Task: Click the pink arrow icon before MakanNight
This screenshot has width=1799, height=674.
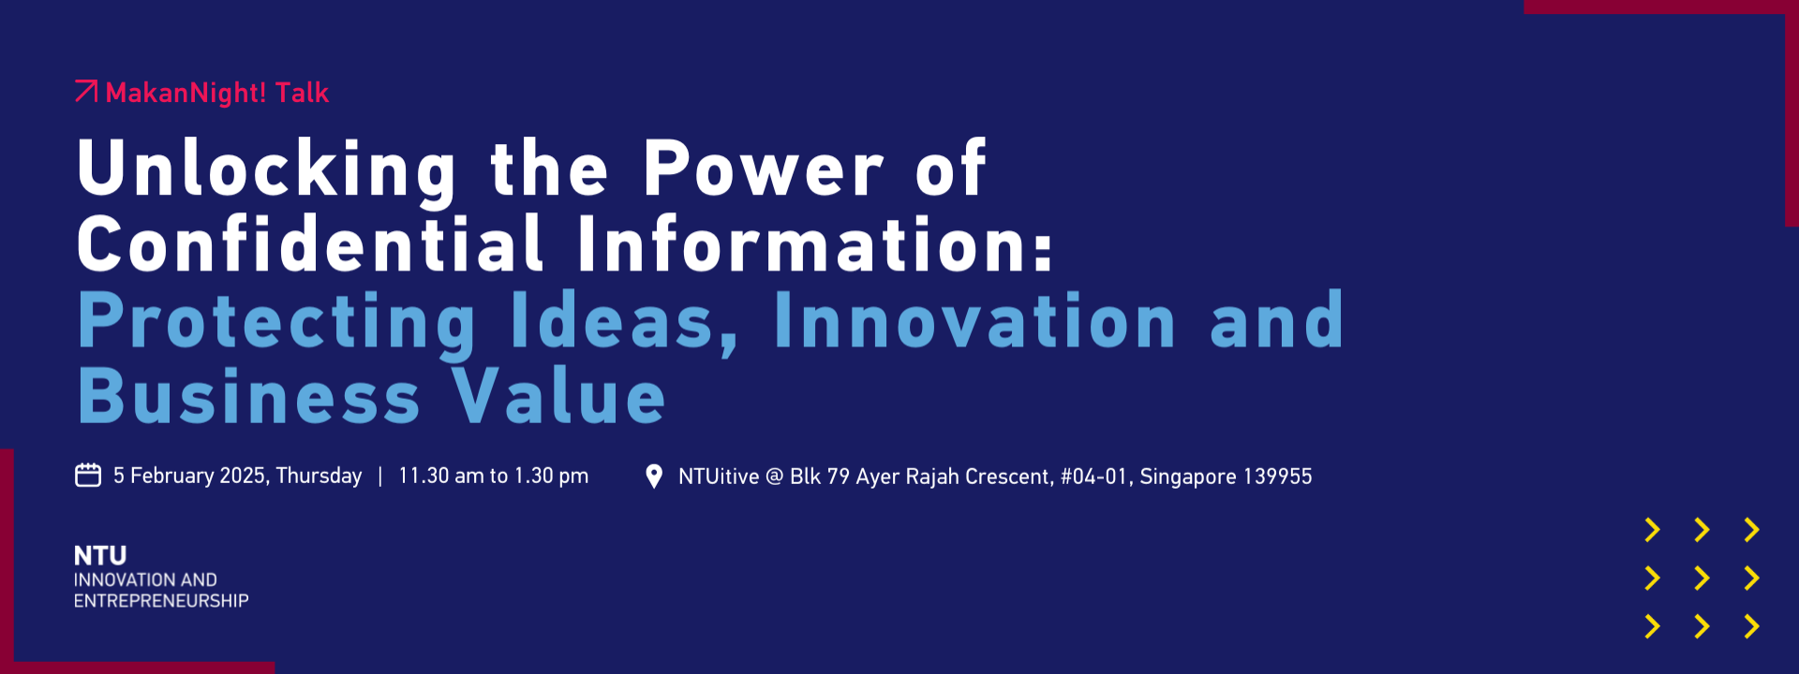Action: [86, 91]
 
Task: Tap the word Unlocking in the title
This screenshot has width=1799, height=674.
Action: [267, 170]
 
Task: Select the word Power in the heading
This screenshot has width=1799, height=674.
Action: [763, 168]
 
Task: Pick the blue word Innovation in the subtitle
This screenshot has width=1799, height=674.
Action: [974, 320]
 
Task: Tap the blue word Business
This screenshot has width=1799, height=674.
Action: [249, 396]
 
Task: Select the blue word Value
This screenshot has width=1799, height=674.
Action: [559, 396]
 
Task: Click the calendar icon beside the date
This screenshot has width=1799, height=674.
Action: [88, 476]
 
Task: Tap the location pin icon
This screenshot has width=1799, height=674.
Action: [654, 476]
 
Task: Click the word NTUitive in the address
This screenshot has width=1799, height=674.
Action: [719, 476]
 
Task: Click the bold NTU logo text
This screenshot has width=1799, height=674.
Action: [100, 556]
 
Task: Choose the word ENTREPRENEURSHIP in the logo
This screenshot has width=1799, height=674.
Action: [161, 601]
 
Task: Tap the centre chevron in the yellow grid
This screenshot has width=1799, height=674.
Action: [1702, 579]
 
